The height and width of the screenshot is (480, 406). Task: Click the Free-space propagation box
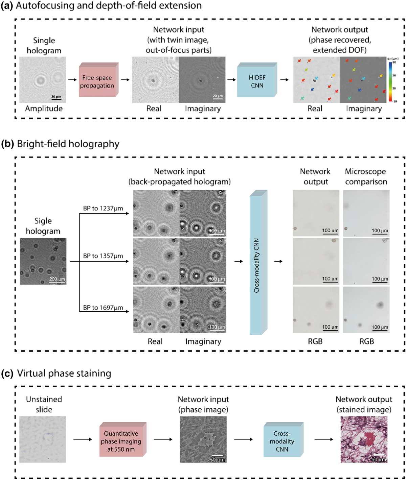pyautogui.click(x=97, y=81)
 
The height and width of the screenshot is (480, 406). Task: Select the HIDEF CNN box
pyautogui.click(x=257, y=81)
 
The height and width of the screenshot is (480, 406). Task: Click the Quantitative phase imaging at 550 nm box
pyautogui.click(x=121, y=441)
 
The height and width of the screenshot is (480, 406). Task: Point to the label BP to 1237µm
pyautogui.click(x=103, y=208)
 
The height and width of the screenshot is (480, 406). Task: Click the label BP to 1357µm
pyautogui.click(x=103, y=256)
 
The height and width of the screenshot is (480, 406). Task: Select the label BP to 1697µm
pyautogui.click(x=103, y=308)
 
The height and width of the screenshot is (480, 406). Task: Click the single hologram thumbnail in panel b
pyautogui.click(x=43, y=261)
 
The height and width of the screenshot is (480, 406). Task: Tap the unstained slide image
pyautogui.click(x=43, y=439)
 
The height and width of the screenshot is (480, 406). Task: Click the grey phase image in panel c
pyautogui.click(x=203, y=439)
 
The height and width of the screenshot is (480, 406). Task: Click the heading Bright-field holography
pyautogui.click(x=68, y=144)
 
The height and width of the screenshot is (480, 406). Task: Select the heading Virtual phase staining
pyautogui.click(x=64, y=374)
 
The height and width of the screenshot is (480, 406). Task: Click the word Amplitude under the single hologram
pyautogui.click(x=44, y=109)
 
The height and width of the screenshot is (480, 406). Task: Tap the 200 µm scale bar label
pyautogui.click(x=57, y=279)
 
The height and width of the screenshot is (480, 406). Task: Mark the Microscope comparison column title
pyautogui.click(x=366, y=176)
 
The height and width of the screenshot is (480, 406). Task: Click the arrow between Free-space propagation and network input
pyautogui.click(x=125, y=80)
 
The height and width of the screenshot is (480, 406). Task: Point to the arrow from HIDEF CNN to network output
pyautogui.click(x=285, y=80)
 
